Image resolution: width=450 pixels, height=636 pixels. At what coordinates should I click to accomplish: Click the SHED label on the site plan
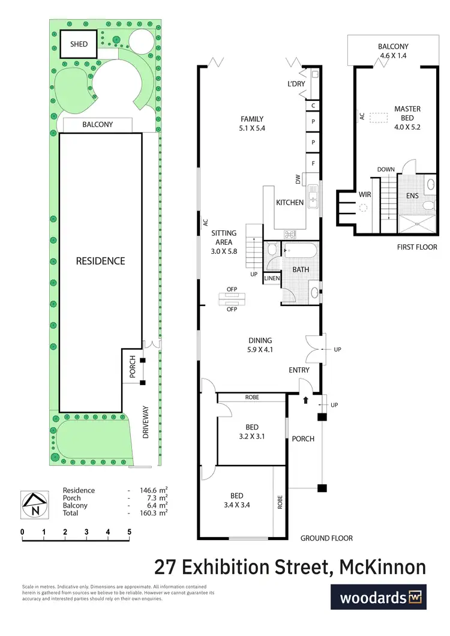coord(79,44)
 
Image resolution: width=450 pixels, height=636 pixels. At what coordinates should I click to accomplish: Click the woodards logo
coord(379,598)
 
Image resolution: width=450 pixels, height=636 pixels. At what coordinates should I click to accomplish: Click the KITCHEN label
coord(290,203)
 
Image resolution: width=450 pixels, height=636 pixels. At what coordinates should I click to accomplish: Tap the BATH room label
coord(301,270)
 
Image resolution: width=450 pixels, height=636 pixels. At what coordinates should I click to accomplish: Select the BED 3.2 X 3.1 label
coord(251,432)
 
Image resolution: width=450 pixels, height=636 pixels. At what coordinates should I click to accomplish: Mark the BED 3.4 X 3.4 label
coord(236,500)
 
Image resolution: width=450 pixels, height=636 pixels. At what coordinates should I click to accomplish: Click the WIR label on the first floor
coord(365,195)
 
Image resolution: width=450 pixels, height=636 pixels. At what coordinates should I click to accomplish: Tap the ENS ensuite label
coord(412,196)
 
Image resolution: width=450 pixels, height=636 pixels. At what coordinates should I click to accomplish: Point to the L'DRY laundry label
coord(296,84)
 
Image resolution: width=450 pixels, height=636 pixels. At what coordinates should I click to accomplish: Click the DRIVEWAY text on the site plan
coord(146,423)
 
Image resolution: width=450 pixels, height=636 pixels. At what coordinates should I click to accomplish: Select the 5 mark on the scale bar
coord(129,532)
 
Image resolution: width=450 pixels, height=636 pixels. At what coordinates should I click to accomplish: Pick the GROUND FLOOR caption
coord(326,538)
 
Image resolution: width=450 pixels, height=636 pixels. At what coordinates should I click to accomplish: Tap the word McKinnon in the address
coord(382,566)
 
